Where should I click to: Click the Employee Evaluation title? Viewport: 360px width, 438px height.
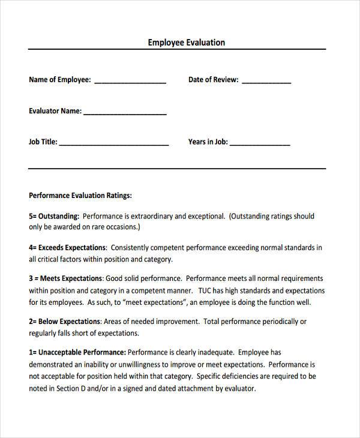[x=187, y=43]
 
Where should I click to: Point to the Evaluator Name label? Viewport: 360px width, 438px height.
[x=55, y=111]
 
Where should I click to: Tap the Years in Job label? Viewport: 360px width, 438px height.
[x=208, y=142]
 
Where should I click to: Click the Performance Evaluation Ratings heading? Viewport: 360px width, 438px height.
[x=80, y=196]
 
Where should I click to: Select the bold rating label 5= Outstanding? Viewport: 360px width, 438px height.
[x=54, y=216]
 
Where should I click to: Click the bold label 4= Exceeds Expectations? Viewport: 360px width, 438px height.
[x=67, y=247]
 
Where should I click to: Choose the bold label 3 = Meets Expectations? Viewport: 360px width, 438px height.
[x=66, y=278]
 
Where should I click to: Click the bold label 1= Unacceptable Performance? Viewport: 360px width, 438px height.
[x=77, y=353]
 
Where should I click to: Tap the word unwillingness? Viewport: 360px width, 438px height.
[x=139, y=365]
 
